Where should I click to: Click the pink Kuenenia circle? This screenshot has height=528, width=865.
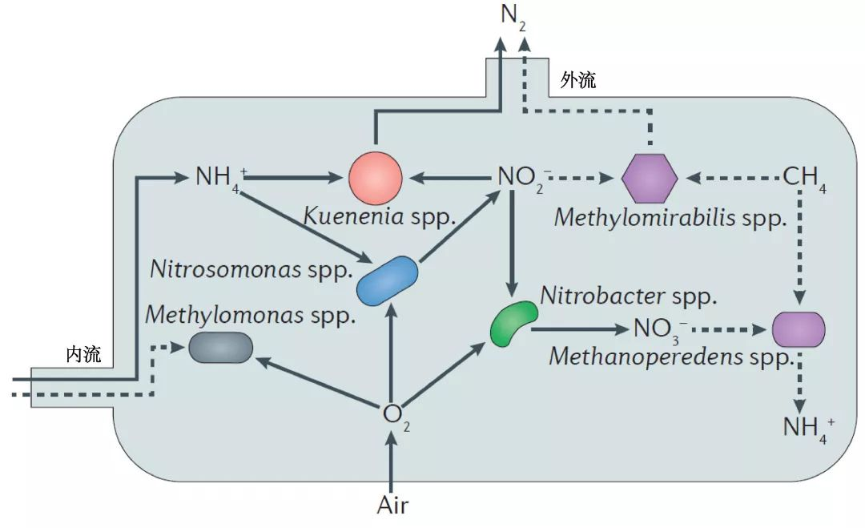click(x=376, y=178)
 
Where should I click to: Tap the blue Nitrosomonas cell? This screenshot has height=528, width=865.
click(x=387, y=280)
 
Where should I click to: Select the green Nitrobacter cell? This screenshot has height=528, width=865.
click(x=513, y=324)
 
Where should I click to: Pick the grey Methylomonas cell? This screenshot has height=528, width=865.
click(x=221, y=347)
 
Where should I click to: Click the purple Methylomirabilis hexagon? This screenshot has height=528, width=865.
click(x=650, y=178)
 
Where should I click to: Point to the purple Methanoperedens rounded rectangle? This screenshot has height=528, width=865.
click(x=799, y=329)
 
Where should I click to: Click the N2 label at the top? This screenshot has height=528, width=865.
click(x=513, y=15)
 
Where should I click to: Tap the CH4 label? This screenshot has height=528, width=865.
click(x=805, y=179)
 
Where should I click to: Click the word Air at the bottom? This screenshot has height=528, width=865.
click(x=392, y=505)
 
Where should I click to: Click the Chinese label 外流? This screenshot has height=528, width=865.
click(x=578, y=81)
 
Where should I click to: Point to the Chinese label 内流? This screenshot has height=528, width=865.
click(x=83, y=355)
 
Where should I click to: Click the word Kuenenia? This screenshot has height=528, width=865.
click(x=354, y=216)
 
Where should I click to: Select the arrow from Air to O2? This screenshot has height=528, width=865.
click(x=392, y=462)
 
